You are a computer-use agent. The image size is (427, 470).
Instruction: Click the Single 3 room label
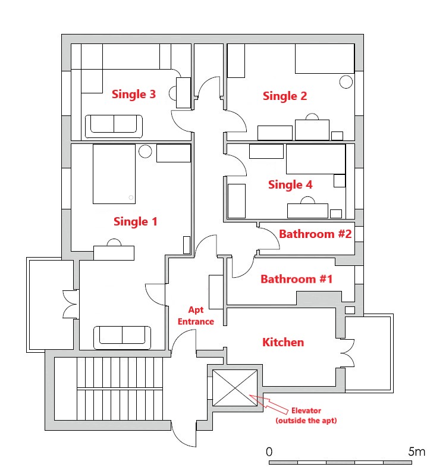(134, 95)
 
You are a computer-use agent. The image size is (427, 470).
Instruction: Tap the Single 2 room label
(285, 96)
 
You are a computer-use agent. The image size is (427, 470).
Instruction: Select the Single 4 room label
(290, 185)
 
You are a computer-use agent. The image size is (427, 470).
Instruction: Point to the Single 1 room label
(136, 222)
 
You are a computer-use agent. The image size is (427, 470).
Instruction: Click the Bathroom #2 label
(315, 234)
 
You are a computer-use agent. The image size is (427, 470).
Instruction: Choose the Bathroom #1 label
(297, 279)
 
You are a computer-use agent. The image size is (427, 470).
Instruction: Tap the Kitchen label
(283, 342)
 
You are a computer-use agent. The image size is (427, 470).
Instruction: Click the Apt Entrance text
(197, 316)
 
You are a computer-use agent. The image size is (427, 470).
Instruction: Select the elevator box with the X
(235, 388)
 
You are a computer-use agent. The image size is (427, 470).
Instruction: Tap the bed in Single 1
(114, 174)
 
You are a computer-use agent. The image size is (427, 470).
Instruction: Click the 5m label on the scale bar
(417, 451)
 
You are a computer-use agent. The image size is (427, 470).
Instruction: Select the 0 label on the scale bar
(269, 451)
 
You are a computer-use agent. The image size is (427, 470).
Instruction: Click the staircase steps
(120, 390)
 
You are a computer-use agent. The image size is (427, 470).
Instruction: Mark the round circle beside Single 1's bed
(145, 151)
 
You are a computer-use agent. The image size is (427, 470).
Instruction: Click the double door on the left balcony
(70, 303)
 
